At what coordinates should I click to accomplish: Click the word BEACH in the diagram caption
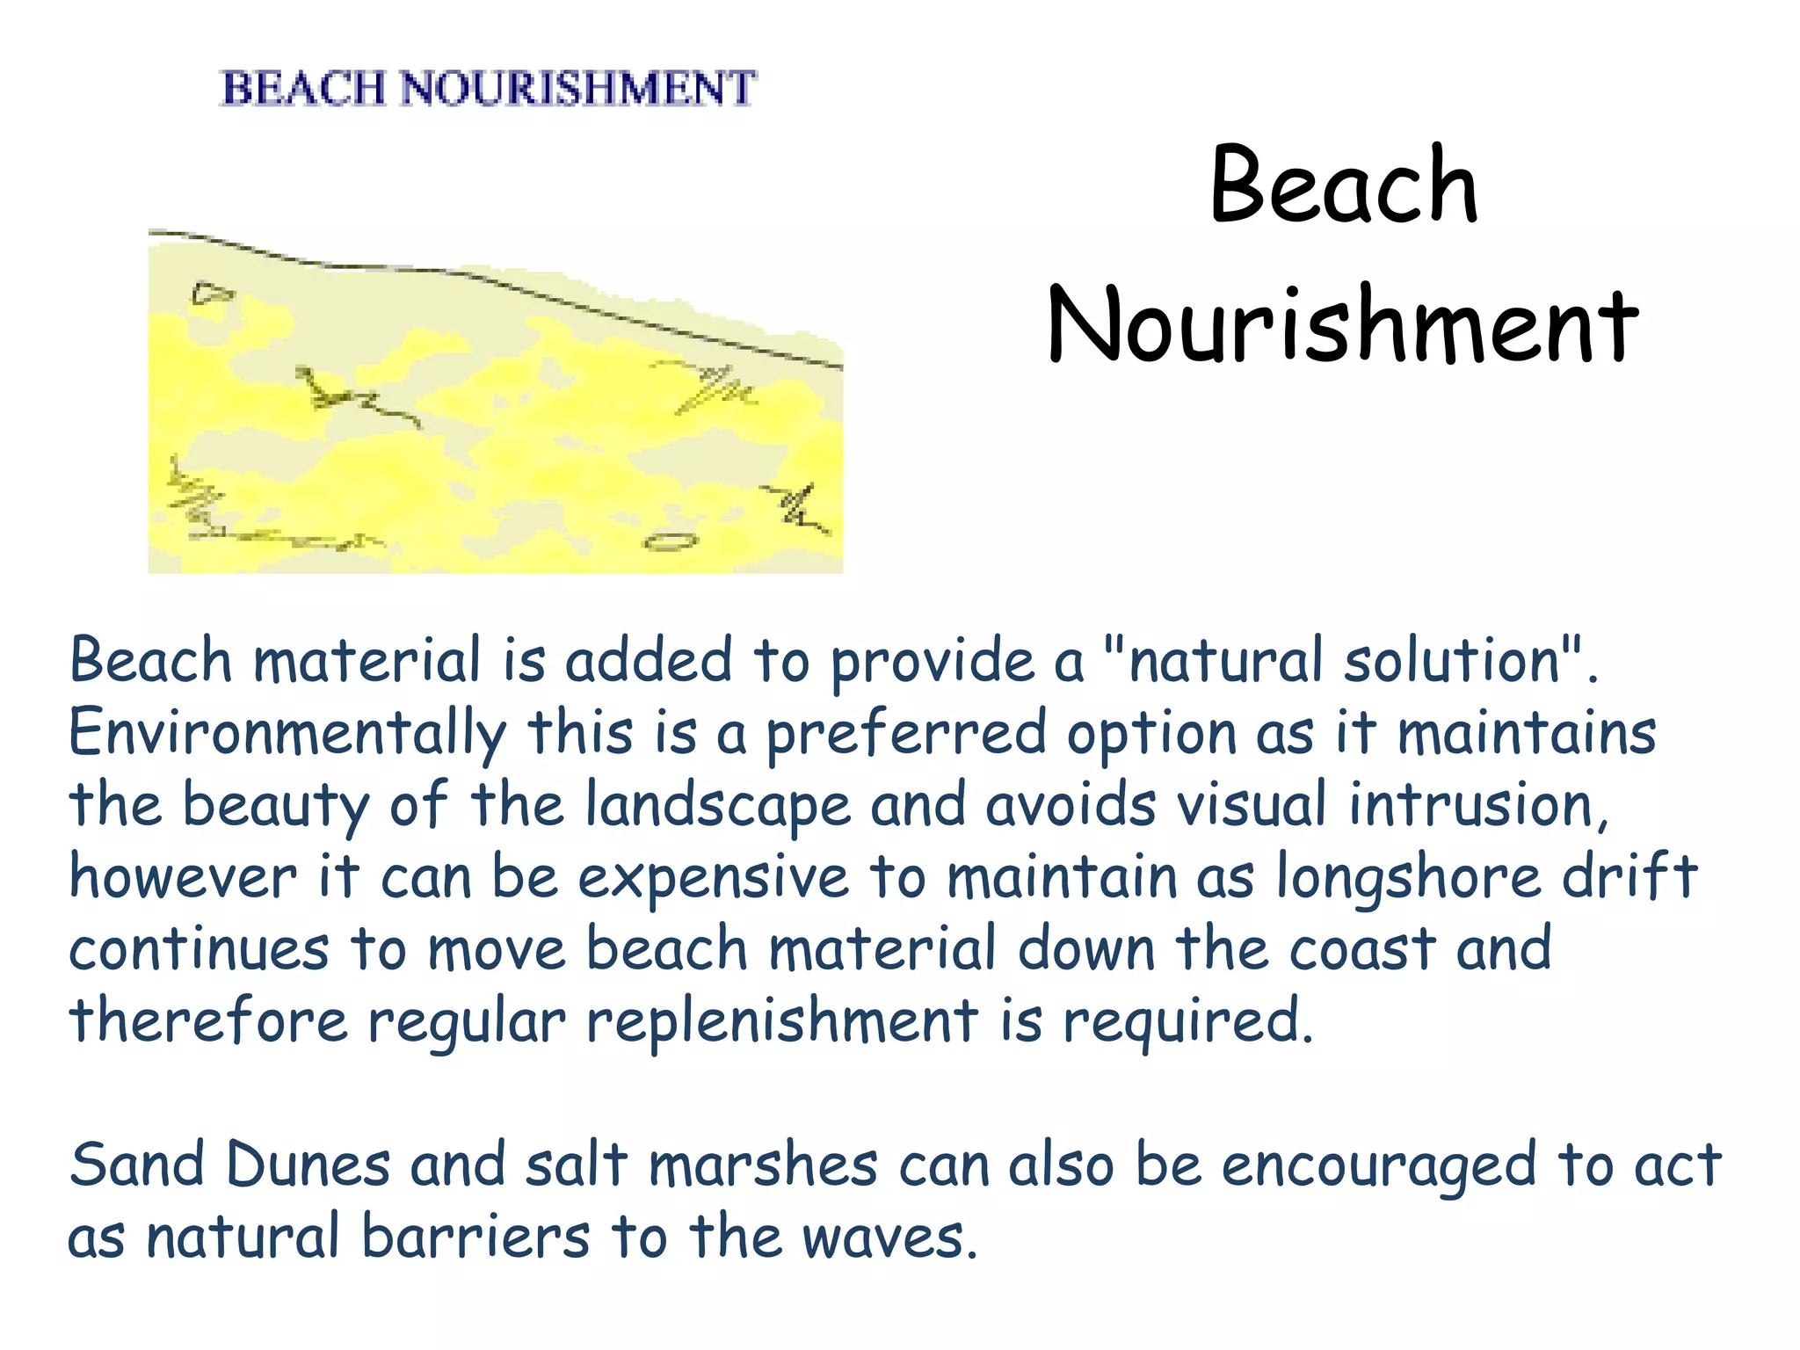coord(303,89)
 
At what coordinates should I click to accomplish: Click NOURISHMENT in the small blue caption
coord(577,89)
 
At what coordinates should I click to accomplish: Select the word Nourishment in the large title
coord(1342,325)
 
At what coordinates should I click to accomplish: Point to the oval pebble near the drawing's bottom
coord(671,541)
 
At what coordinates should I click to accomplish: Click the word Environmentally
coord(287,734)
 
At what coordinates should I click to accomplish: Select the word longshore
coord(1407,877)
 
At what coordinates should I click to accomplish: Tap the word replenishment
coord(781,1021)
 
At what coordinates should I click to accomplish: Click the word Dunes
coord(308,1165)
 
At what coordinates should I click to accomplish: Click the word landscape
coord(718,806)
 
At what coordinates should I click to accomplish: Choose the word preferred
coord(906,734)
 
